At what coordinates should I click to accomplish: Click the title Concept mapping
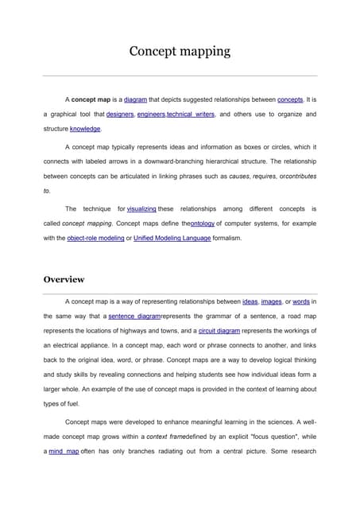[180, 52]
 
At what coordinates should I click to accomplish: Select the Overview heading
[64, 279]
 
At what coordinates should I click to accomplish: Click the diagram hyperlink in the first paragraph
[135, 100]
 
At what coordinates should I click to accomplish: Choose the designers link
[120, 115]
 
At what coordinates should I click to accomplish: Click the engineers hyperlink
[151, 115]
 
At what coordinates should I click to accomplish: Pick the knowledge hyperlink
[85, 128]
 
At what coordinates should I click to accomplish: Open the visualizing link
[141, 209]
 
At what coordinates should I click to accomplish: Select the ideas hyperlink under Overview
[250, 302]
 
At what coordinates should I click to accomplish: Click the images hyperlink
[272, 302]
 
